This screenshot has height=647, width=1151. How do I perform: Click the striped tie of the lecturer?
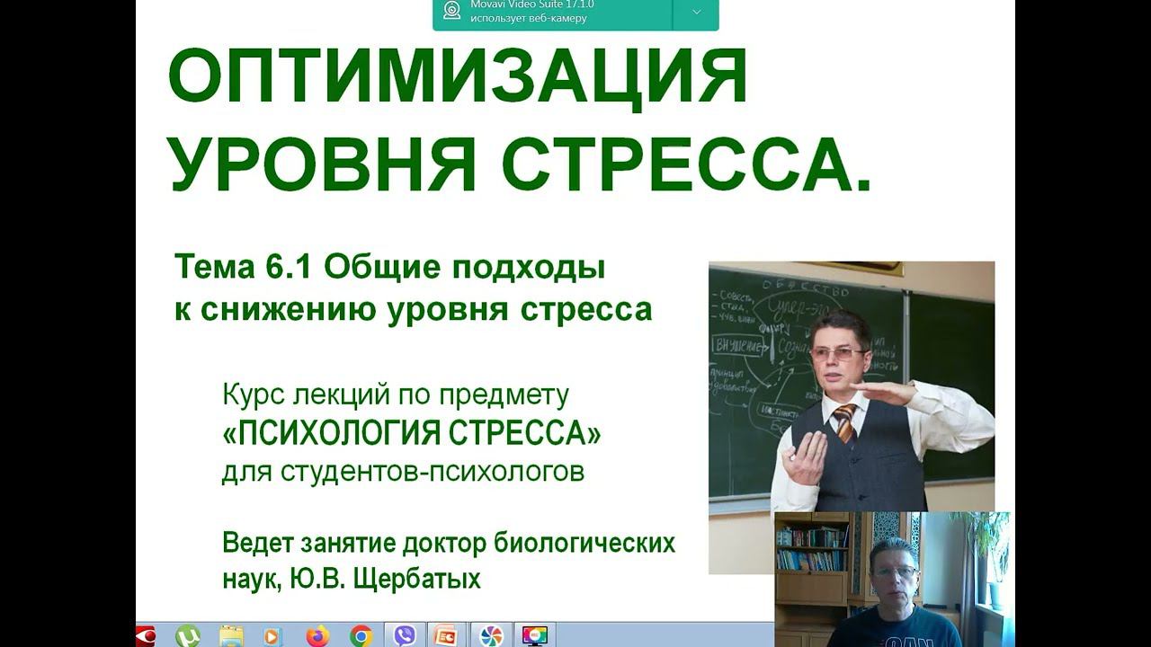pyautogui.click(x=845, y=422)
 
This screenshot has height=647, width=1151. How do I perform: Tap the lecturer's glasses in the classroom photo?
pyautogui.click(x=836, y=354)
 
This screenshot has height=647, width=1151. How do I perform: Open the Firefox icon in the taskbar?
pyautogui.click(x=317, y=636)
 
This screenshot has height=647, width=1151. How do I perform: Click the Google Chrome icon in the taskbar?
pyautogui.click(x=361, y=636)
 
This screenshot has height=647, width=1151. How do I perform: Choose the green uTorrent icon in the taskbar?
pyautogui.click(x=187, y=636)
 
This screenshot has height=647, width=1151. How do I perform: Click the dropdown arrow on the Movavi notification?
pyautogui.click(x=695, y=13)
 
